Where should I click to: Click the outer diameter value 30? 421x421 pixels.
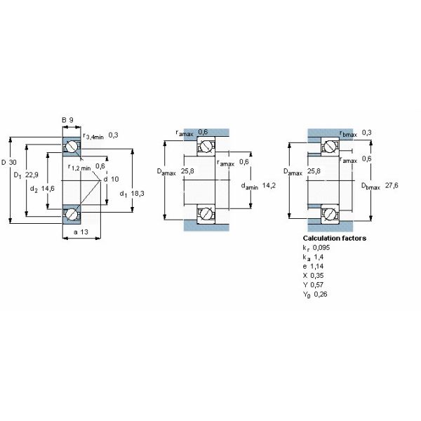point(15,162)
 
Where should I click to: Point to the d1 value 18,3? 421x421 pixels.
point(136,194)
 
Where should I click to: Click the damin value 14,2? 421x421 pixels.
point(267,186)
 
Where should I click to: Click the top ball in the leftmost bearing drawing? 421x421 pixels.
point(72,146)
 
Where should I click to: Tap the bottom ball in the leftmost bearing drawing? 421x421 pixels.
point(72,213)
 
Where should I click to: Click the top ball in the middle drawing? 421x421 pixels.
point(206,147)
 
